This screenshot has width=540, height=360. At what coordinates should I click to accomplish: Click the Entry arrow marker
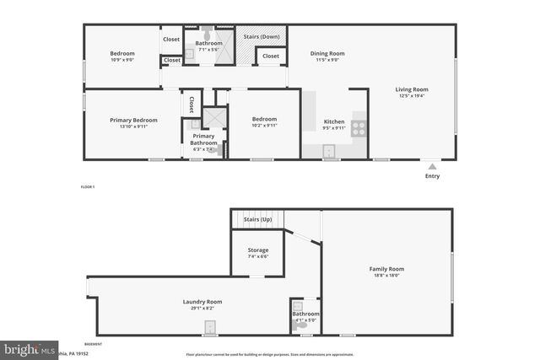click(x=432, y=166)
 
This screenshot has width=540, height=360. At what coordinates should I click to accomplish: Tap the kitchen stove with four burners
click(x=359, y=129)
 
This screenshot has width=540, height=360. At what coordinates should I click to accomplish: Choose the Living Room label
click(x=413, y=89)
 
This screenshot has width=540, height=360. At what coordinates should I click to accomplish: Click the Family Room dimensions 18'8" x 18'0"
click(x=386, y=275)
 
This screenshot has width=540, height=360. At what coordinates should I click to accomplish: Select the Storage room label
click(x=258, y=250)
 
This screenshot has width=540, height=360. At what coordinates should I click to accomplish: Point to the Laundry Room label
click(x=202, y=302)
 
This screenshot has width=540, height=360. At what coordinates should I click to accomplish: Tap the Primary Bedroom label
click(x=133, y=121)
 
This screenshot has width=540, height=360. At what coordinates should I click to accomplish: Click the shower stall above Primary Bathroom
click(x=215, y=117)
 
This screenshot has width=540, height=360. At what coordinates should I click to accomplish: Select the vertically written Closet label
click(x=192, y=105)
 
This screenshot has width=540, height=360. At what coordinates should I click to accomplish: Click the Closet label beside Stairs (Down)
click(x=270, y=56)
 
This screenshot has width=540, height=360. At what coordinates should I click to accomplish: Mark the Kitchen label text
click(x=334, y=122)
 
